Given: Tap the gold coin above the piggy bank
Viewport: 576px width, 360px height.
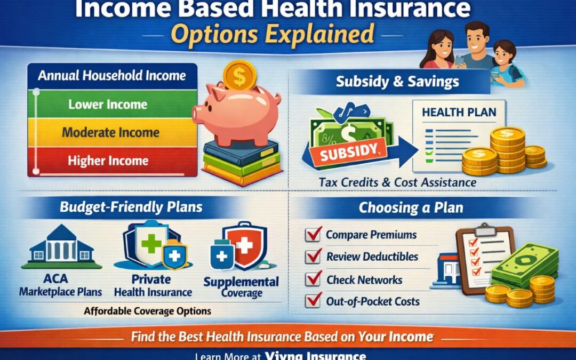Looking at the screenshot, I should pyautogui.click(x=239, y=75).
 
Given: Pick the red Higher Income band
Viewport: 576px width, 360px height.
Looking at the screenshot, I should pyautogui.click(x=108, y=159).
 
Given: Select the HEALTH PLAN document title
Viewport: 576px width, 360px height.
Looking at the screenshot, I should pyautogui.click(x=459, y=113).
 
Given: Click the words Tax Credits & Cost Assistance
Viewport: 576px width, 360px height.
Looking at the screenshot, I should pyautogui.click(x=397, y=182).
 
